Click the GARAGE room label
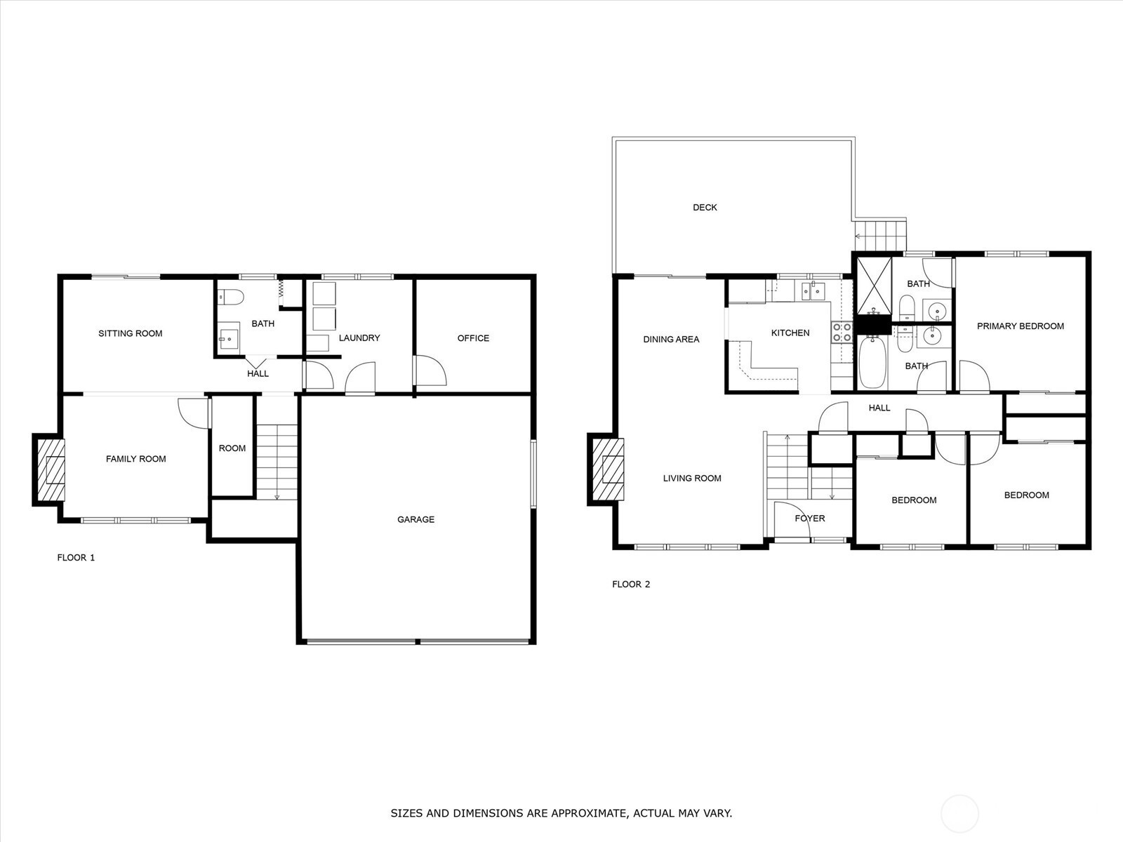point(416,519)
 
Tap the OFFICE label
point(473,338)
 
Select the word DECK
point(705,207)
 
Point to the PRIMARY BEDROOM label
point(1020,326)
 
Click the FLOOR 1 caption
point(76,557)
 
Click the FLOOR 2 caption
point(631,584)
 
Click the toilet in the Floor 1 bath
point(230,297)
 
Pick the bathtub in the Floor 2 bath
point(872,363)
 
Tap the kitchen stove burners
point(842,332)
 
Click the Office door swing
point(430,370)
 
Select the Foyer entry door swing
point(792,520)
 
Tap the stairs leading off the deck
point(880,236)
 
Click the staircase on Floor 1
point(277,462)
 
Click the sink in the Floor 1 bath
point(229,337)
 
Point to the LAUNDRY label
point(359,338)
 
